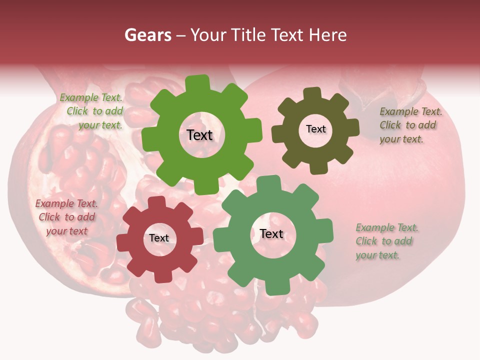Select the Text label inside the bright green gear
(x=199, y=135)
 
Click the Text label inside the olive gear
(x=315, y=129)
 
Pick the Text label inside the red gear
(x=159, y=238)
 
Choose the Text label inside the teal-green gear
(x=271, y=234)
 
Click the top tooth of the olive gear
(x=312, y=94)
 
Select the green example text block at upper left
(x=92, y=111)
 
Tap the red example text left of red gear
(x=66, y=217)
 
